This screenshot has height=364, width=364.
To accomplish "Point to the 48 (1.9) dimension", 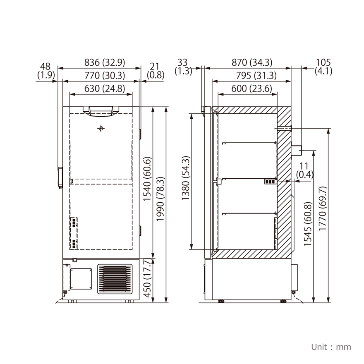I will pos(45,70).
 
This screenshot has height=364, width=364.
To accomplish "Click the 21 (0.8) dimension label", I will pos(155,70).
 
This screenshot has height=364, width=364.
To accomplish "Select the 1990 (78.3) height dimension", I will pos(160,199).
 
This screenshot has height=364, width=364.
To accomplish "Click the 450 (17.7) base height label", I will pos(148,280).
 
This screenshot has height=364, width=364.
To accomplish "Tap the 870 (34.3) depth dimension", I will pos(251,62).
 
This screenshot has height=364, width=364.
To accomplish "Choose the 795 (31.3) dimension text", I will pos(251,75).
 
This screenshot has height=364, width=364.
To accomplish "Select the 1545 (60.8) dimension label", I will pos(308,225).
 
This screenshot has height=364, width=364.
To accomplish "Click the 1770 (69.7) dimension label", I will pos(323,210).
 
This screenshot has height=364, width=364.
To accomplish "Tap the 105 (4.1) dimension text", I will pos(323,66).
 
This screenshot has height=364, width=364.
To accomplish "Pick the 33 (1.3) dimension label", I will pos(183,66).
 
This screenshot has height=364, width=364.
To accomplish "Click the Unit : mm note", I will pos(331,347).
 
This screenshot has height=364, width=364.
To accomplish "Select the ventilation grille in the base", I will pos(115,279).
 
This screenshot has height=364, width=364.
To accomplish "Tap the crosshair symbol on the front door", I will pos(101,129).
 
